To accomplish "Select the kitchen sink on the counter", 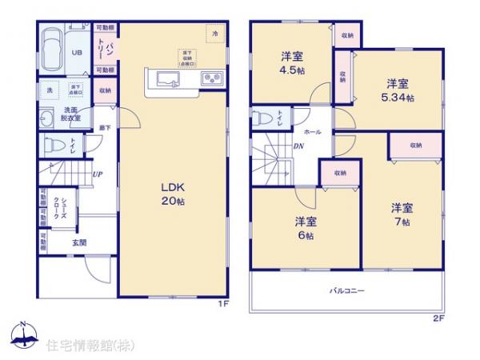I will pos(169,78).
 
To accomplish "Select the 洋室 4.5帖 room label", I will pos(290,62).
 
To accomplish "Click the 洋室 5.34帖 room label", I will pos(398,90).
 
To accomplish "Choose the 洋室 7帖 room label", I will pos(402,214).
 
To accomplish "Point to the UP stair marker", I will pos(97,174).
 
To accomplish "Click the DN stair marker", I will pos(298,146).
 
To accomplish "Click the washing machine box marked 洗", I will pos(50,90).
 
